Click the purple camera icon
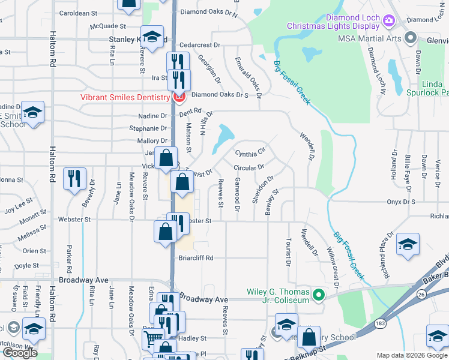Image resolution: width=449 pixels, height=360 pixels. pyautogui.click(x=388, y=21)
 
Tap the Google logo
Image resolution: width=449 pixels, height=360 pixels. pyautogui.click(x=20, y=353)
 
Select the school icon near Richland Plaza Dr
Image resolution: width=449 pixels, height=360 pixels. pyautogui.click(x=408, y=244)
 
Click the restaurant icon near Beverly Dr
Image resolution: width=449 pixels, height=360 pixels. pyautogui.click(x=74, y=178)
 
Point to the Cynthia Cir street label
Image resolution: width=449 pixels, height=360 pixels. pyautogui.click(x=250, y=153)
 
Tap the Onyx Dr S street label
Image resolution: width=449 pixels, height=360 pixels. pyautogui.click(x=400, y=202)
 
